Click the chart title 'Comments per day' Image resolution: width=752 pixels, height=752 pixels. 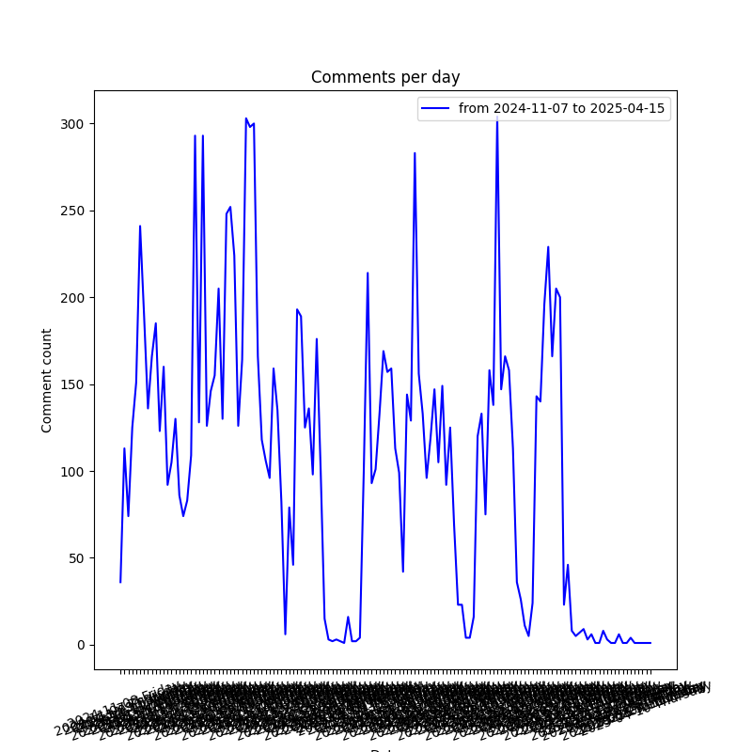[x=385, y=77]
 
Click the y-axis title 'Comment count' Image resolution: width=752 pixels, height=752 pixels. [x=47, y=380]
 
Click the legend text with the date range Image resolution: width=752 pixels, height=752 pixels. [x=561, y=109]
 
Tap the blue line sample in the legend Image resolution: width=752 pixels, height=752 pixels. [x=435, y=109]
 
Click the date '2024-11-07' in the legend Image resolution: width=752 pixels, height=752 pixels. [x=528, y=109]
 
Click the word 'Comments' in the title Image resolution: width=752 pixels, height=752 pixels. [x=345, y=77]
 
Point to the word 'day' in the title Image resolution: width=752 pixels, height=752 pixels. [x=446, y=78]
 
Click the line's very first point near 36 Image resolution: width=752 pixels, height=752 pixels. [x=120, y=582]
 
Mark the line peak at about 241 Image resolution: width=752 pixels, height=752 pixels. [x=140, y=227]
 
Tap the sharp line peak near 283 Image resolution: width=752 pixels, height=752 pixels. [x=415, y=153]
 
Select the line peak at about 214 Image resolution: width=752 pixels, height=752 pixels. [x=368, y=274]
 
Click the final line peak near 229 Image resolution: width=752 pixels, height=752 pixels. [x=548, y=247]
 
